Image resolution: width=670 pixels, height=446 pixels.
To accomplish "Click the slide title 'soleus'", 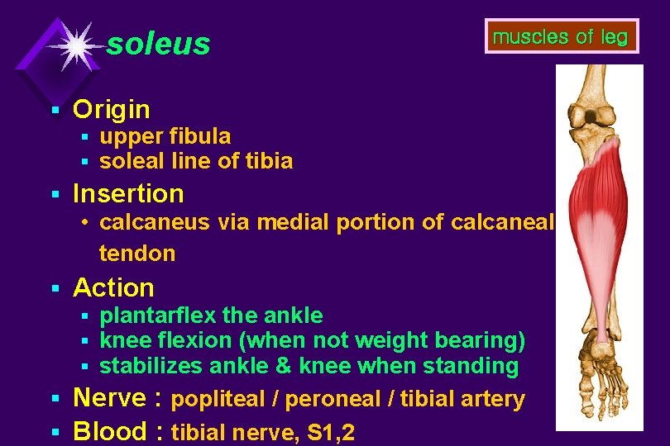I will click(159, 44).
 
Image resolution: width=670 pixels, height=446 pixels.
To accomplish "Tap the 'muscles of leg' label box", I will click(561, 36).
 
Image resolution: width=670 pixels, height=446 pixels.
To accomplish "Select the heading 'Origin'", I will click(112, 109).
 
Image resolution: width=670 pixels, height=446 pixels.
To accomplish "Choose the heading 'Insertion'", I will click(128, 193).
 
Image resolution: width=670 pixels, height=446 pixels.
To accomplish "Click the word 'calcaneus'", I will click(156, 222).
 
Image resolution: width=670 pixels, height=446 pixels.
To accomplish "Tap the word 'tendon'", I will click(137, 254).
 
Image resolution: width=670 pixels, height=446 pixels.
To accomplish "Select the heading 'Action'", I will click(114, 287).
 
